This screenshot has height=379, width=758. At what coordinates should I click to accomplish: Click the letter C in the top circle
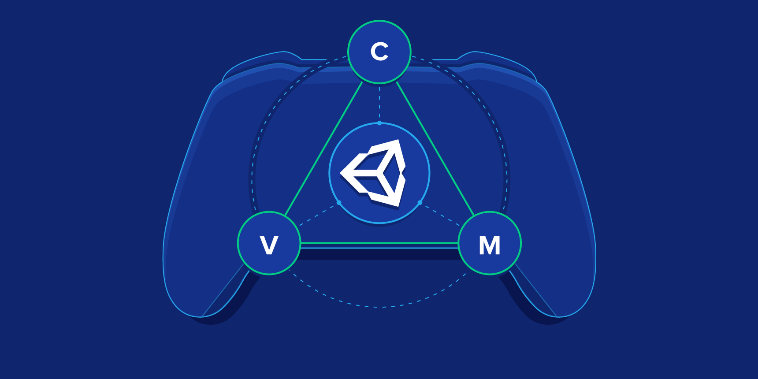[x=379, y=52]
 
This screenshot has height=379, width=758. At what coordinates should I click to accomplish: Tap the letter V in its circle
[x=269, y=245]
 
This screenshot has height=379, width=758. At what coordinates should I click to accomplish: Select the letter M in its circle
[x=490, y=245]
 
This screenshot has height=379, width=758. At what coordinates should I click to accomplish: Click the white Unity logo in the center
[x=373, y=173]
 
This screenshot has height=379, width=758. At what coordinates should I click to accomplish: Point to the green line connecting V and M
[x=379, y=243]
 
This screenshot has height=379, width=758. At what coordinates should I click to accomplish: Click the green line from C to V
[x=324, y=149]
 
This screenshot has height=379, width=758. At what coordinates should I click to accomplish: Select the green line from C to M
[x=435, y=149]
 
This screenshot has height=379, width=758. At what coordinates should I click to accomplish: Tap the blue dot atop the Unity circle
[x=379, y=123]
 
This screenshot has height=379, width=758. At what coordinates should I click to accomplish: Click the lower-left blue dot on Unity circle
[x=339, y=203]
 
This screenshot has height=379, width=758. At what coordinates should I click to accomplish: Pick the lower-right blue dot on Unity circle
[x=420, y=203]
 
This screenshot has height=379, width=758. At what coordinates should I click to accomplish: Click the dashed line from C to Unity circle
[x=379, y=102]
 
